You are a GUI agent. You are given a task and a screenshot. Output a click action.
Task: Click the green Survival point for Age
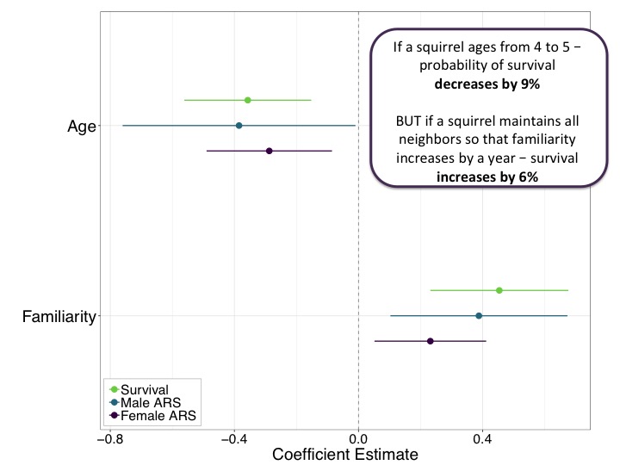248,100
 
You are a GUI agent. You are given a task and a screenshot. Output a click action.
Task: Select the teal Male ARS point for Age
239,126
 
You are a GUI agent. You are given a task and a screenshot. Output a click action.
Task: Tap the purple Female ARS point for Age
270,151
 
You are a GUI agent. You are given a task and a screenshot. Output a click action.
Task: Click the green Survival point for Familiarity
499,290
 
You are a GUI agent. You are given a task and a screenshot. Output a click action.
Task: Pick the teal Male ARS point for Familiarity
479,316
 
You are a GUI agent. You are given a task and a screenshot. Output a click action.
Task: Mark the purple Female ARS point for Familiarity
431,341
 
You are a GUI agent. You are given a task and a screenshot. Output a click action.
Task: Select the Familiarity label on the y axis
58,317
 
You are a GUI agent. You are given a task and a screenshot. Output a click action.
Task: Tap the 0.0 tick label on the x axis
358,438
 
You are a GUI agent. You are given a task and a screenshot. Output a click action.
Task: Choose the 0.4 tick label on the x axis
482,438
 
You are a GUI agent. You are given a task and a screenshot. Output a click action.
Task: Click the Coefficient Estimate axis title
344,454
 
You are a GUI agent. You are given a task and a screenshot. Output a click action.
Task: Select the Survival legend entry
144,390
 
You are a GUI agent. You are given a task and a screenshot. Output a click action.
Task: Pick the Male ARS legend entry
147,403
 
